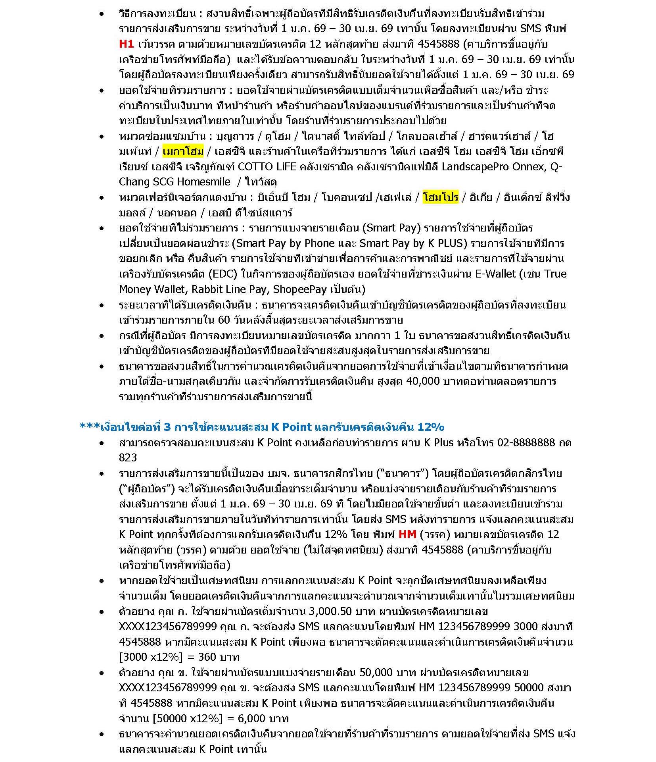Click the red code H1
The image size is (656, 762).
point(126,44)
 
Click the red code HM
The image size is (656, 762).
point(407,534)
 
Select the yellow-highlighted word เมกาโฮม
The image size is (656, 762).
point(183,151)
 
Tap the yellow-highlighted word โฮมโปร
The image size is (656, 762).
point(440,197)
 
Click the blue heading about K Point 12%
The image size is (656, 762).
point(262,427)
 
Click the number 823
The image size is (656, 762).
point(128,458)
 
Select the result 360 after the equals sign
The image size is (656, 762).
point(209,657)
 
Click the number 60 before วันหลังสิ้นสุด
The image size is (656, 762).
point(224,320)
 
